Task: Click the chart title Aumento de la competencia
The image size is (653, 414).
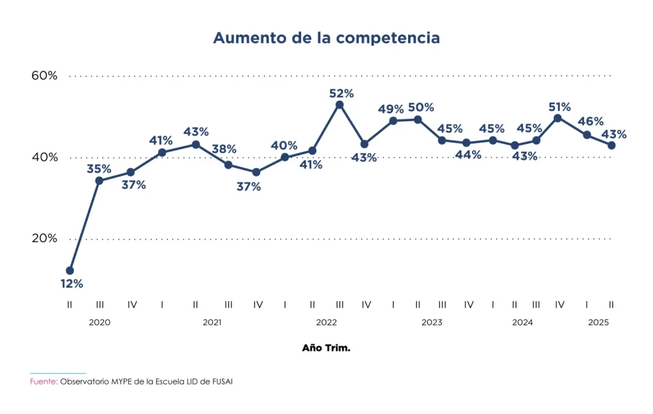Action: click(326, 38)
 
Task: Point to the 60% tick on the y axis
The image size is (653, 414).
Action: click(45, 75)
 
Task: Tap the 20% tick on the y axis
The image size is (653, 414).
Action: click(45, 239)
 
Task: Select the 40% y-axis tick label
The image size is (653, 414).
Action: click(45, 158)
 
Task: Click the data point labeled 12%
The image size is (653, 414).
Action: click(70, 270)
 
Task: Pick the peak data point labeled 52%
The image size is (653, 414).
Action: click(339, 105)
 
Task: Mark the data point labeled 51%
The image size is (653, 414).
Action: click(558, 118)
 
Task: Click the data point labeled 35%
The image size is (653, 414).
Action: click(99, 181)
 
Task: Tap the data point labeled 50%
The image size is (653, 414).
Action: click(418, 119)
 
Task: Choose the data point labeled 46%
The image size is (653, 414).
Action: click(587, 135)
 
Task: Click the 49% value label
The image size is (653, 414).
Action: click(391, 109)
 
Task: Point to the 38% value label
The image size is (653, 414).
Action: click(224, 149)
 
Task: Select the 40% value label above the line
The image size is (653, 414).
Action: click(284, 145)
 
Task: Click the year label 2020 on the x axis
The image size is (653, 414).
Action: click(99, 323)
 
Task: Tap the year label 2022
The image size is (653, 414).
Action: click(326, 323)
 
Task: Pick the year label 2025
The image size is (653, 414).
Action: click(598, 323)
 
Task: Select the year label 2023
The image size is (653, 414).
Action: click(432, 323)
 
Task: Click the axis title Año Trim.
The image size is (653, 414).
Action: click(326, 349)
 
